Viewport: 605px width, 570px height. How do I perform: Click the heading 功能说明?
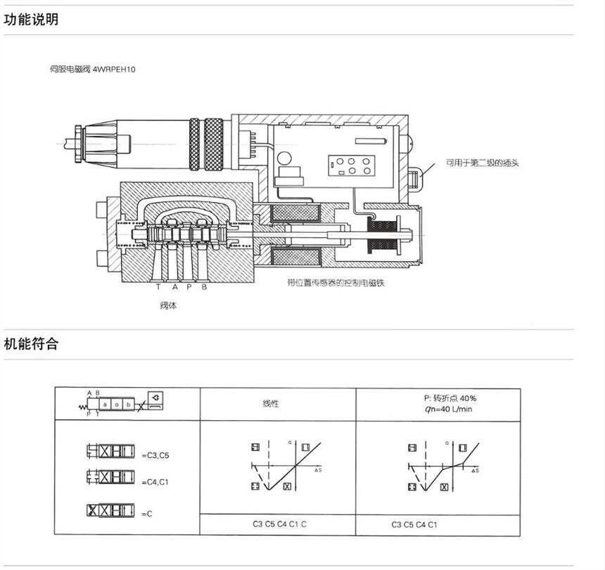31,20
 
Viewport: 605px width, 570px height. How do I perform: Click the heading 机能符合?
31,344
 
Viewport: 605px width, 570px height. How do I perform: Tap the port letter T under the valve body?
158,287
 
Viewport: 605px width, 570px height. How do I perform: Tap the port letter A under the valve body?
174,287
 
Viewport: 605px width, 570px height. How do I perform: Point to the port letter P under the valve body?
189,287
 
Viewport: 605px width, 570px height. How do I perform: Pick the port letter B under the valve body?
204,287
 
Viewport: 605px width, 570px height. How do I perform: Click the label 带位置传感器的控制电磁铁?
338,284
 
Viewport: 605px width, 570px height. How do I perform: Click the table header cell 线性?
271,404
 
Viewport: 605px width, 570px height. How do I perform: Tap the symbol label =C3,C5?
155,456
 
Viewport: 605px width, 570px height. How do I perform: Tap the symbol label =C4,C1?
155,482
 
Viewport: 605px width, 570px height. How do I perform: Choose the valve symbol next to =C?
110,512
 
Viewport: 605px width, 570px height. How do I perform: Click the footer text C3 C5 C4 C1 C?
280,524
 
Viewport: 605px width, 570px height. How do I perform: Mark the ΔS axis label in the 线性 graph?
318,469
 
